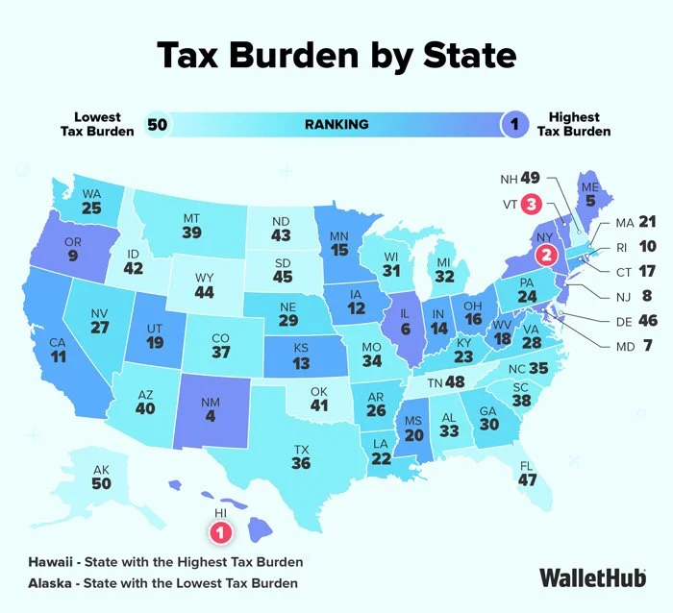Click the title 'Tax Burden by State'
point(336,56)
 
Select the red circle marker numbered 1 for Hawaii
point(221,529)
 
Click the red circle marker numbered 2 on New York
point(547,255)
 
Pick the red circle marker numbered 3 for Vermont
point(531,204)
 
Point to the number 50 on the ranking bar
point(158,124)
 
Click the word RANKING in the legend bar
point(336,124)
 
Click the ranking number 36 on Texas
point(301,463)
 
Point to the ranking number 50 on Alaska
point(101,483)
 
